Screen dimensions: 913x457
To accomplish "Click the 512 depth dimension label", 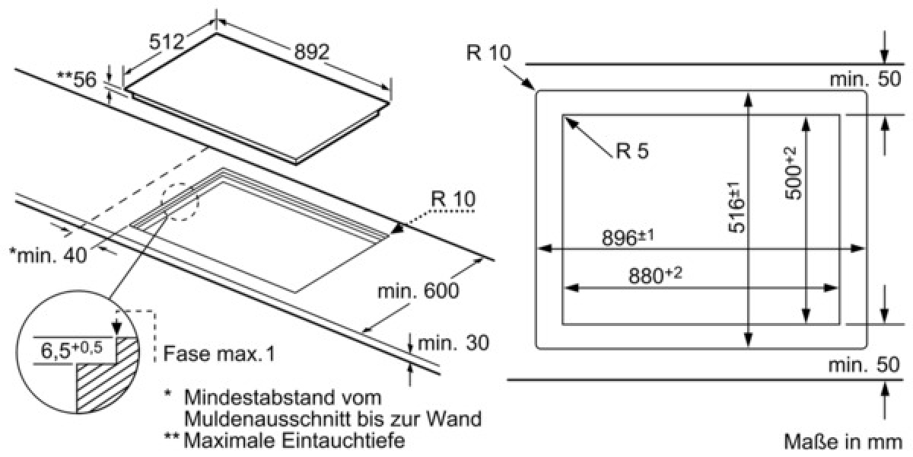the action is (x=167, y=42).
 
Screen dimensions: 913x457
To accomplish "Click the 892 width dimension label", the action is (x=312, y=52).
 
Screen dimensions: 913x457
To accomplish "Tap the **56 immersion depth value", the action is (x=77, y=79).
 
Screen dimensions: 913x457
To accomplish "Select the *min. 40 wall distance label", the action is (x=48, y=255).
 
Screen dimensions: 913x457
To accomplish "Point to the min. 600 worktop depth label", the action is (x=418, y=291).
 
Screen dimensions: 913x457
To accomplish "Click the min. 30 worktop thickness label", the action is (x=453, y=343).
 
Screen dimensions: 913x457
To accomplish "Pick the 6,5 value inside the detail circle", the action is (x=56, y=351).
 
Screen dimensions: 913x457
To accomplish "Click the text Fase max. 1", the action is (x=219, y=353).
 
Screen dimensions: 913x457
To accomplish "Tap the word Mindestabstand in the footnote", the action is (x=283, y=397).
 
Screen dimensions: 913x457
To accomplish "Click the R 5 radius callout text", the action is (x=631, y=150).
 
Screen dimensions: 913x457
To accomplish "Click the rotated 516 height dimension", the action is (x=737, y=207).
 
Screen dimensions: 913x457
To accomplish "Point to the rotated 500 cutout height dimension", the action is (x=794, y=174).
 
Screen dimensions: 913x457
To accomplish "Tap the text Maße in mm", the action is (x=842, y=442).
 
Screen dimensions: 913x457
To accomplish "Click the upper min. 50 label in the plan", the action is (x=865, y=78).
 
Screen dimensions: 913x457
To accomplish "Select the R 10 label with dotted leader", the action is (x=453, y=199).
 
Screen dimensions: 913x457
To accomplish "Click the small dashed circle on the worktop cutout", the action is (x=180, y=202).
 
